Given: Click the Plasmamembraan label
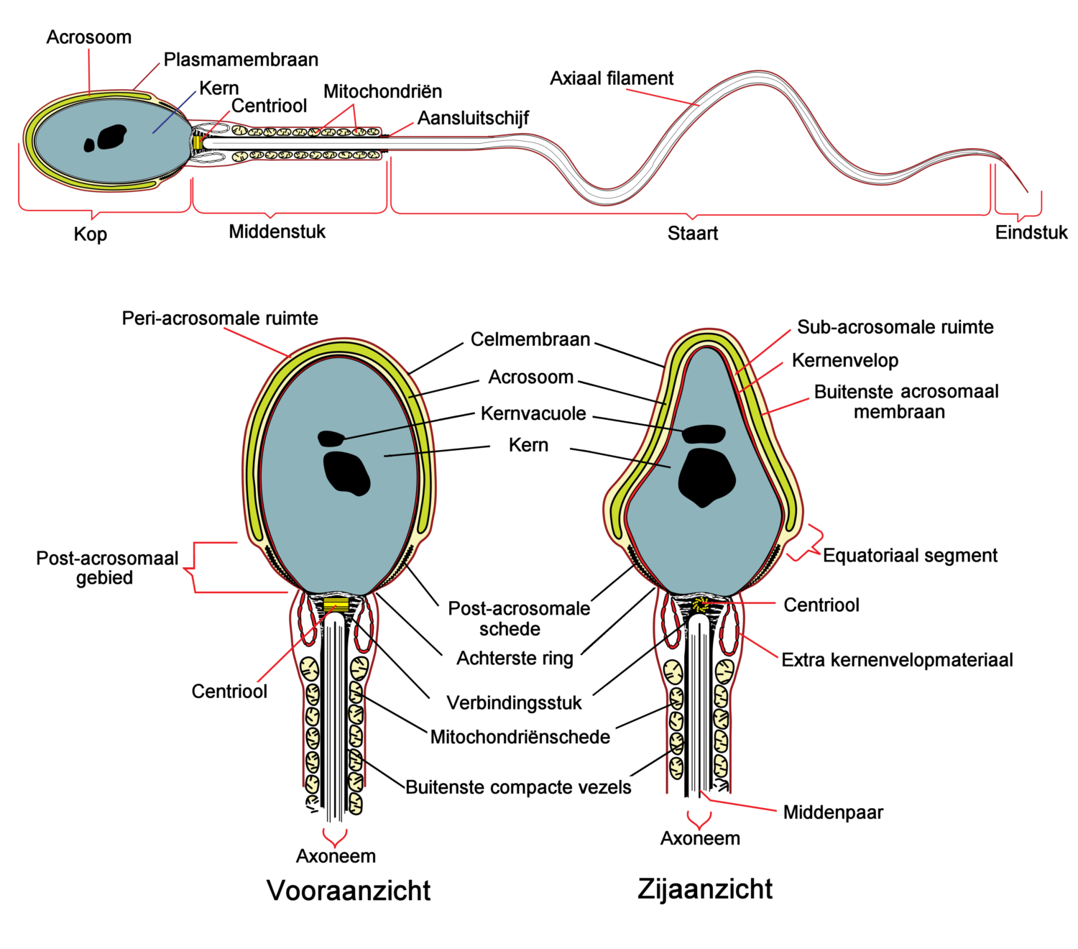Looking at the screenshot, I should click(x=241, y=60).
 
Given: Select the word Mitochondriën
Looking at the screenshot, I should click(x=382, y=91).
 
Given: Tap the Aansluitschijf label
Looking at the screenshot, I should click(x=473, y=118).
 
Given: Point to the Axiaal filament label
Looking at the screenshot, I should click(x=612, y=78).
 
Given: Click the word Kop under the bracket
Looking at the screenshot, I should click(x=91, y=234).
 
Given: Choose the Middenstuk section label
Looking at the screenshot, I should click(x=277, y=231).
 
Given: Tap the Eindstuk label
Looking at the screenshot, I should click(x=1031, y=232).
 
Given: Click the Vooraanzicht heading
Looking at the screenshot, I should click(x=349, y=890).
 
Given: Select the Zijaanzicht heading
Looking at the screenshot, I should click(x=704, y=889).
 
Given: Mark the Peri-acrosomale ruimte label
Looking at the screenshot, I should click(x=220, y=318).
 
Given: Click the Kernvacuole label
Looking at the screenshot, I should click(x=533, y=413).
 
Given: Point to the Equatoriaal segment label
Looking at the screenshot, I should click(x=910, y=555).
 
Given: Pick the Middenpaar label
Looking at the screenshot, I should click(x=833, y=812).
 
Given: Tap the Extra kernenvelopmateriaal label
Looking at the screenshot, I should click(x=897, y=660).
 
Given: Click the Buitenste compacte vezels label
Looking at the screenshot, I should click(x=518, y=787).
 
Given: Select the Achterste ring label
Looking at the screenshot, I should click(x=515, y=658).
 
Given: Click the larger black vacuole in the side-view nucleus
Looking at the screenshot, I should click(x=706, y=477).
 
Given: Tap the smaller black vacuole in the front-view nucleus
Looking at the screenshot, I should click(x=331, y=437).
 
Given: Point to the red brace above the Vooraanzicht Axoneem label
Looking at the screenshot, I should click(x=335, y=837).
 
